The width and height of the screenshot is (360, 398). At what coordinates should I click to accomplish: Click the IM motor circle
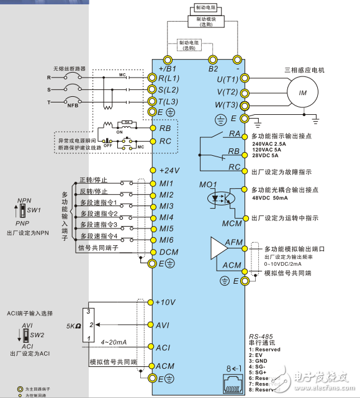pyautogui.click(x=303, y=93)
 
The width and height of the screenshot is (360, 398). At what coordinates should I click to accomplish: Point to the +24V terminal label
pyautogui.click(x=169, y=170)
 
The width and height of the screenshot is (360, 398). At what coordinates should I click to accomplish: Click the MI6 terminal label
pyautogui.click(x=166, y=240)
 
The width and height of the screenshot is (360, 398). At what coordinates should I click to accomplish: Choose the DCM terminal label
pyautogui.click(x=168, y=252)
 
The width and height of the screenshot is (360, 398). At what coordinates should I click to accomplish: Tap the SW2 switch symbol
pyautogui.click(x=25, y=336)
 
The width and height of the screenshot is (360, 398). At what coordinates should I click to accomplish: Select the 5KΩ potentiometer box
pyautogui.click(x=90, y=325)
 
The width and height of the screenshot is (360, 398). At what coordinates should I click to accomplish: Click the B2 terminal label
pyautogui.click(x=214, y=68)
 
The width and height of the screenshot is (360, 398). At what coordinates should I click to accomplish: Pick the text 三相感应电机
pyautogui.click(x=304, y=70)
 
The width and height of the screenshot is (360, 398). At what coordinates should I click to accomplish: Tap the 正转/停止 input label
pyautogui.click(x=94, y=180)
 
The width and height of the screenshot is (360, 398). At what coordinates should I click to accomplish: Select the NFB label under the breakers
pyautogui.click(x=75, y=106)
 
